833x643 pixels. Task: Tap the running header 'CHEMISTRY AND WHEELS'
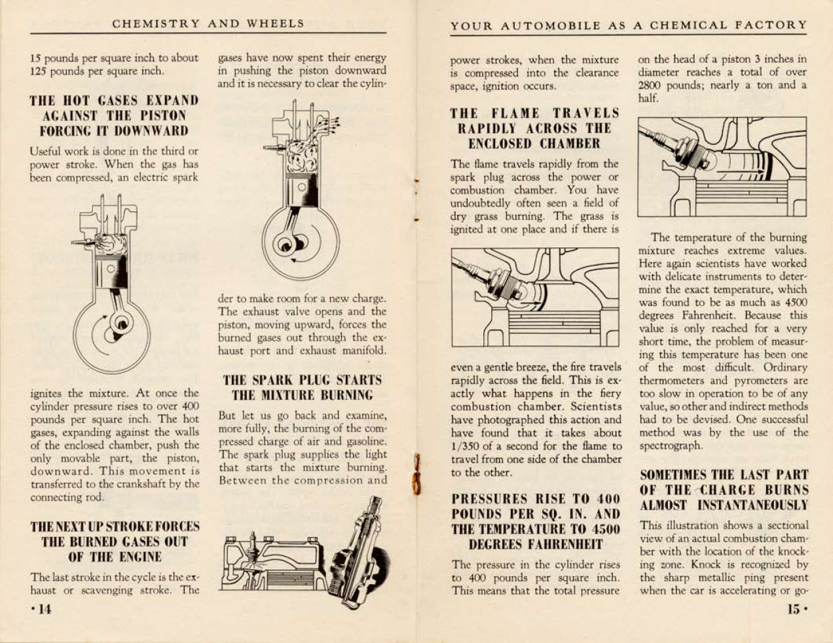click(x=208, y=24)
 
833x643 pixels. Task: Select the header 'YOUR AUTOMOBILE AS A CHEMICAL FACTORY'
click(x=629, y=26)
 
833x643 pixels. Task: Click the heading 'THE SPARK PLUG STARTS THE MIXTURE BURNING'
click(x=302, y=387)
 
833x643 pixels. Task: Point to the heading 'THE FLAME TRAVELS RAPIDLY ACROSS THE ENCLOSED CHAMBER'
click(x=534, y=128)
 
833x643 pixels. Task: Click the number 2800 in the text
click(x=653, y=85)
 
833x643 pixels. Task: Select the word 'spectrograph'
click(x=671, y=445)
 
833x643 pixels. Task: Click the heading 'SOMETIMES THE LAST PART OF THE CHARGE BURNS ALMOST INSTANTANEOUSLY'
click(x=724, y=490)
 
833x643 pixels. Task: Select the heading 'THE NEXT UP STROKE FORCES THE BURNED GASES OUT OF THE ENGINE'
click(x=115, y=542)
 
